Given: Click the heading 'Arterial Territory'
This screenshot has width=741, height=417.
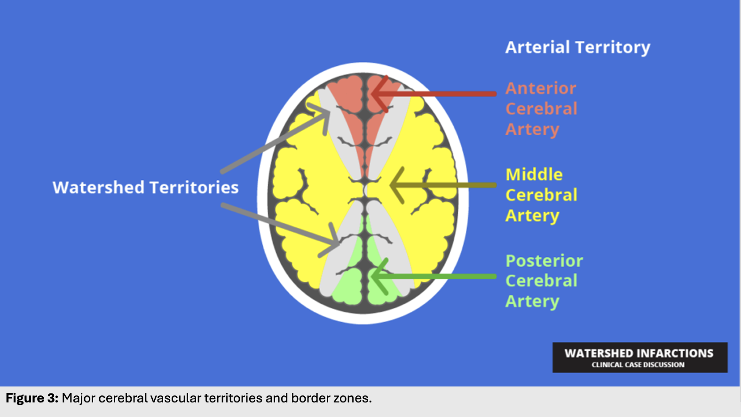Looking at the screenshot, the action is point(577,47).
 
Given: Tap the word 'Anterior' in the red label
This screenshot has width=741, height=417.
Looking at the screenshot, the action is point(541,89).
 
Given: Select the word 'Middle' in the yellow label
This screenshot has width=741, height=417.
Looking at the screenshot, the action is point(534,175).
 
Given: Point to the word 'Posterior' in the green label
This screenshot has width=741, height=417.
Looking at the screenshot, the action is point(544,261).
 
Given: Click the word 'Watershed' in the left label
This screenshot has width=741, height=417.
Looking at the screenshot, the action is point(98,187).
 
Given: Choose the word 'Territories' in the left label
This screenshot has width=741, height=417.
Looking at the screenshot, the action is point(194,187).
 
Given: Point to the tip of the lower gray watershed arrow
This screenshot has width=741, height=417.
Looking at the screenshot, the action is point(338,244).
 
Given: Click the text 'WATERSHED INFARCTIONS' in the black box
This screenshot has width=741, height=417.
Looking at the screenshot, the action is point(639,353).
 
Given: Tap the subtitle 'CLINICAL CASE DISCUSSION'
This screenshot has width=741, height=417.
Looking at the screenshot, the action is point(638,365).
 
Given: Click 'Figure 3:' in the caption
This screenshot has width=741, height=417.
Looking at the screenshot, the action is point(32,398).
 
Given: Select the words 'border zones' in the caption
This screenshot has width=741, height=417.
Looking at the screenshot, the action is point(331,398).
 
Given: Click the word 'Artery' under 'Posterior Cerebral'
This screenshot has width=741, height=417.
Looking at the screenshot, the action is point(532,301).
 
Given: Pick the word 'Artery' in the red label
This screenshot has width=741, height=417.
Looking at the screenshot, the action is point(532,129).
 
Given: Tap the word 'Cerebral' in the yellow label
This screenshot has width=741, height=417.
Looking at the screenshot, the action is point(542,195).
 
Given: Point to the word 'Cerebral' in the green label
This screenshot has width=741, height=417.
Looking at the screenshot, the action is point(542,281).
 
